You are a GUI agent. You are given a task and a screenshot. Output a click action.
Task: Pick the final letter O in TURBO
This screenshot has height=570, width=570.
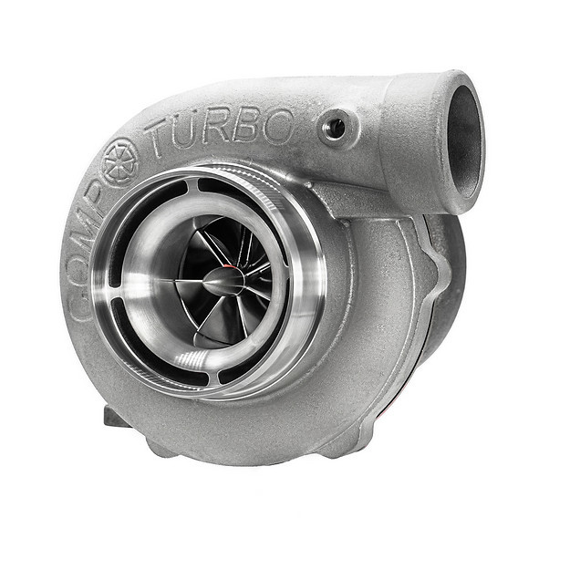pos(278,127)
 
